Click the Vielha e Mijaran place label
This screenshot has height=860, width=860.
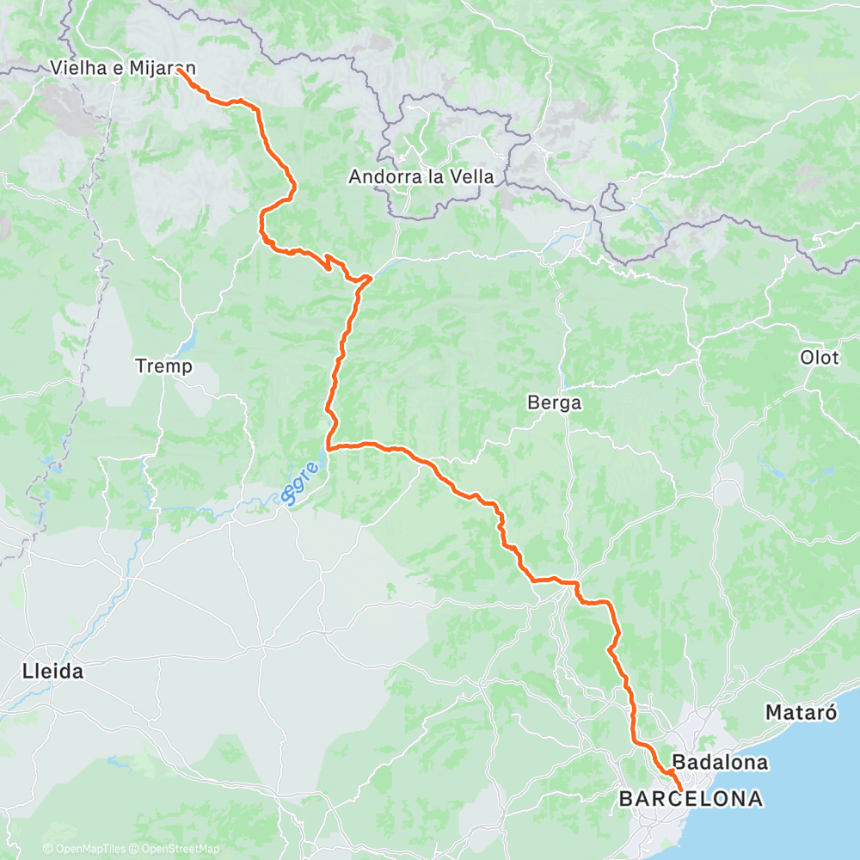click(x=123, y=67)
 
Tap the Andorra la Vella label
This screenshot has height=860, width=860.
click(x=421, y=177)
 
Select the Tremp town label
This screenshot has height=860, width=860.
click(x=163, y=366)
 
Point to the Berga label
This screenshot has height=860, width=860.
click(x=555, y=402)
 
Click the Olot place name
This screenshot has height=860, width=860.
click(x=820, y=358)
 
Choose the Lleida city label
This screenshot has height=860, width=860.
click(x=53, y=672)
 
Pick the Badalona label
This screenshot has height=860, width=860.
click(x=720, y=762)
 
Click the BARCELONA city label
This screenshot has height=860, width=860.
click(x=691, y=799)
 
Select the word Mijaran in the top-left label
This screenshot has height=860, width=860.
click(x=163, y=67)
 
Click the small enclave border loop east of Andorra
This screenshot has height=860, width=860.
click(x=613, y=197)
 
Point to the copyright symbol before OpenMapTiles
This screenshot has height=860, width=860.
click(x=48, y=849)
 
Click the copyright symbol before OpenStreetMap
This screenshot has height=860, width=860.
click(x=132, y=849)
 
